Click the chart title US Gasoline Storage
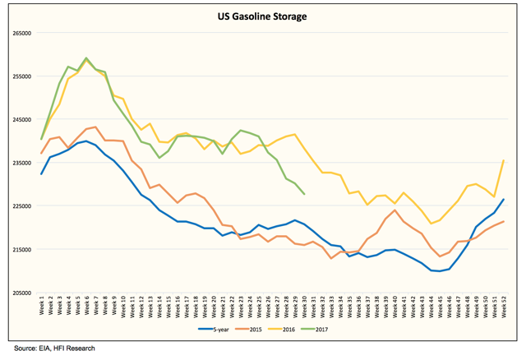point(262,16)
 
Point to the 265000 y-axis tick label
point(20,34)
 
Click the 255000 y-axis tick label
point(20,76)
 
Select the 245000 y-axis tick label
point(20,120)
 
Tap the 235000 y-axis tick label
point(20,163)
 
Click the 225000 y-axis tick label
point(20,206)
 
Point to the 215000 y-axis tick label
point(20,249)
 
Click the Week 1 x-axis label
point(41,310)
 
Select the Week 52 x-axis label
point(503,310)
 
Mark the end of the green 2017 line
point(304,194)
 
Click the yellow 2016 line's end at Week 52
point(503,160)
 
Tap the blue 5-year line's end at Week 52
point(503,200)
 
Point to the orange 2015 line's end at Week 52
point(503,222)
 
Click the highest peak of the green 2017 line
point(86,58)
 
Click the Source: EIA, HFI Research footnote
point(50,348)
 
